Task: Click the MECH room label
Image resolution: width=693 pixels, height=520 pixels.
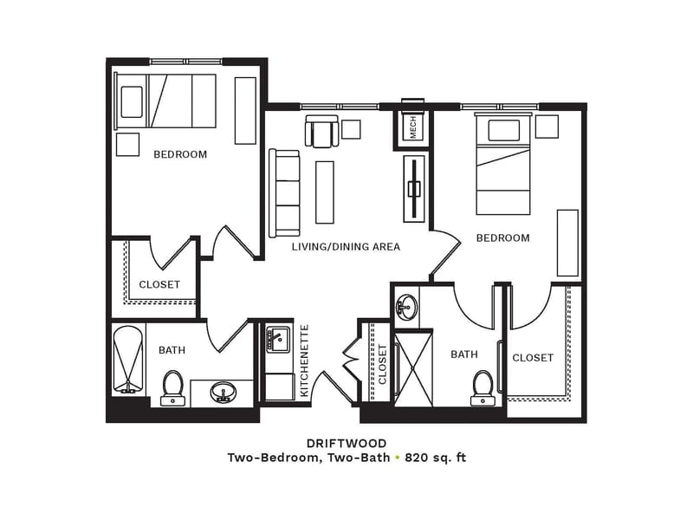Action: (413, 127)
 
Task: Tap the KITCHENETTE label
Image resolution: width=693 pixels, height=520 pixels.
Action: (304, 361)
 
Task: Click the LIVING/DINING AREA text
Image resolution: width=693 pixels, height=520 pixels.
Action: (346, 247)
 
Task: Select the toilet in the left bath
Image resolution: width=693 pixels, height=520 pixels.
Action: (172, 388)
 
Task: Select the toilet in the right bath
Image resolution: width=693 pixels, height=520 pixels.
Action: (483, 388)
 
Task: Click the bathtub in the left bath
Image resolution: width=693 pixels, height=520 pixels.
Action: (128, 360)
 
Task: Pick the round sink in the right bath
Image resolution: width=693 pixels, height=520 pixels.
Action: (406, 307)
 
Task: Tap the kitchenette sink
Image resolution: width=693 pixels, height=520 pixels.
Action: (278, 340)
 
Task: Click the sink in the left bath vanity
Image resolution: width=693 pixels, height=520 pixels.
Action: (223, 393)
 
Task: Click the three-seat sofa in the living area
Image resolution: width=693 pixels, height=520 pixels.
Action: (285, 193)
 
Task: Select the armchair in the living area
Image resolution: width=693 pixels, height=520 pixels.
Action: (321, 131)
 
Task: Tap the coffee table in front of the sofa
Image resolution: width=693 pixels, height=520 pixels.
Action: (324, 192)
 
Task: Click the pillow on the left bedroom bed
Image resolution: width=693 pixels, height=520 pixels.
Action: (132, 102)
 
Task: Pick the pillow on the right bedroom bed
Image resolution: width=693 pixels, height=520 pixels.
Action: (504, 131)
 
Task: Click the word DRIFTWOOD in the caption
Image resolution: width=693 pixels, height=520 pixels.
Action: (346, 443)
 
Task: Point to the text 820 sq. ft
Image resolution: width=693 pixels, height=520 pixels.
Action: (436, 458)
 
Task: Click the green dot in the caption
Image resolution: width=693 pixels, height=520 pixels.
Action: (398, 458)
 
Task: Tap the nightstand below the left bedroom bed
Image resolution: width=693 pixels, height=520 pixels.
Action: (127, 145)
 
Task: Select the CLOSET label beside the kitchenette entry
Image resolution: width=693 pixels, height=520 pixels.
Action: (382, 364)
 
